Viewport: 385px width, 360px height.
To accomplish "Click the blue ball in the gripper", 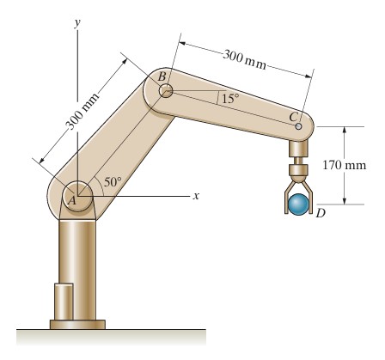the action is [x=298, y=204].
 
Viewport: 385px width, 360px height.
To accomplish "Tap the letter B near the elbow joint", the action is [x=162, y=76].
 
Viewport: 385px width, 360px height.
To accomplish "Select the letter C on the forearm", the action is [x=293, y=117].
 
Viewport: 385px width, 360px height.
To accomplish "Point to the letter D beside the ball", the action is [x=321, y=213].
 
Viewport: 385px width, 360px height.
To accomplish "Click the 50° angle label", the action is [x=113, y=182].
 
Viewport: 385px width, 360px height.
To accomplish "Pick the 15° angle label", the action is [x=230, y=98].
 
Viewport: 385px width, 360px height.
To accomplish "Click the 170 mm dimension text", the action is [x=345, y=165].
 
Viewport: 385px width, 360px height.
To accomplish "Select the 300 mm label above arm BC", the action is [x=244, y=59].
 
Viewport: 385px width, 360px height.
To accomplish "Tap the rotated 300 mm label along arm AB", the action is [x=82, y=111].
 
